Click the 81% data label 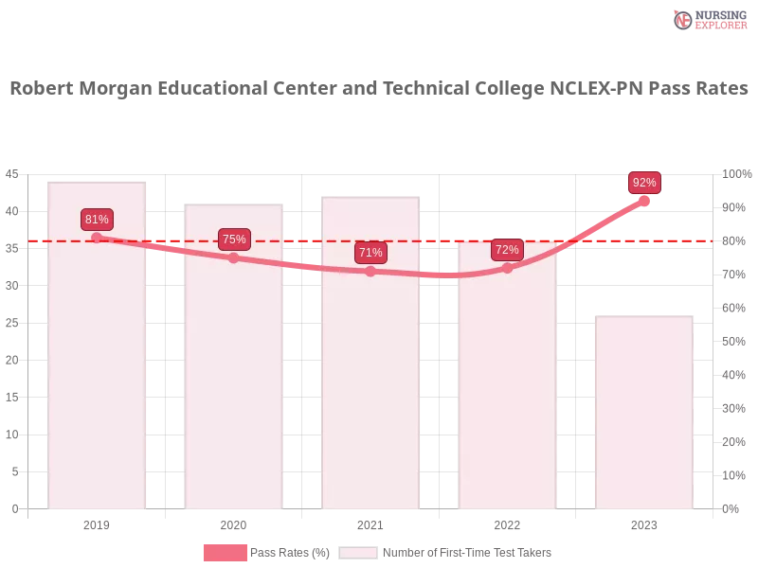coord(97,220)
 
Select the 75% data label coord(234,240)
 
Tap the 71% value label coord(370,253)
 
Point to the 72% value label coord(507,250)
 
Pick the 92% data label coord(644,183)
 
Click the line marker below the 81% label coord(97,238)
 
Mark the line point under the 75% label coord(234,257)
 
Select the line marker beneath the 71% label coord(370,272)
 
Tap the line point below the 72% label coord(507,268)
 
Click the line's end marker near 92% coord(644,201)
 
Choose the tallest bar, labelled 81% coord(99,379)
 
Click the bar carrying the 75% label coord(235,379)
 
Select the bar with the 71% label coord(371,379)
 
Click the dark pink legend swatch coord(225,553)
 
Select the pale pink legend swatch coord(358,553)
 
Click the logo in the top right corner coord(708,20)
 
